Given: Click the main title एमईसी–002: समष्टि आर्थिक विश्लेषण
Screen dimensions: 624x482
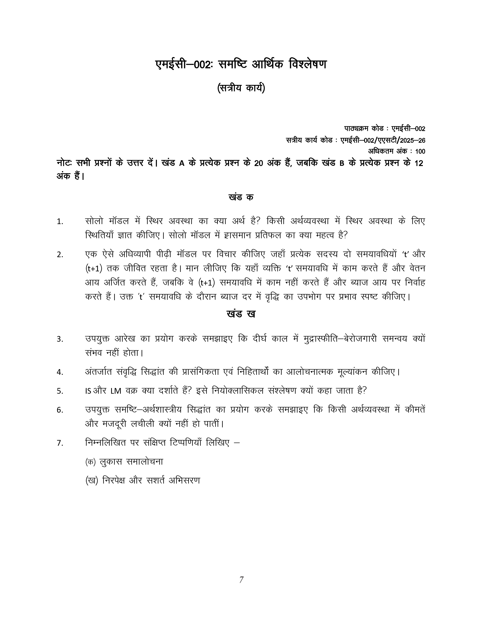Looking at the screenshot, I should point(241,64).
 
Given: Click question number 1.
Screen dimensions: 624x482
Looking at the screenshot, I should point(60,222).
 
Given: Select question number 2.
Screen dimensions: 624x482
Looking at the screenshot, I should point(60,255).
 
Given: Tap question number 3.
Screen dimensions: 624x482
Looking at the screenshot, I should point(60,339).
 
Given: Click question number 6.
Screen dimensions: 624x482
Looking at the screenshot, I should point(60,410).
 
